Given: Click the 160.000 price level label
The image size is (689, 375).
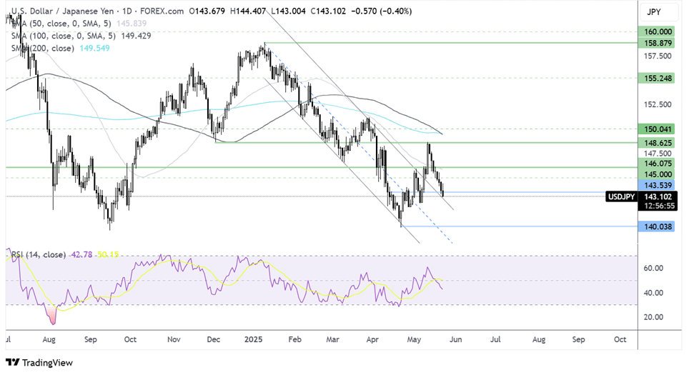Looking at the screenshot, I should coord(658,32).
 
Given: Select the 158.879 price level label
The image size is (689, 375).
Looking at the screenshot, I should coord(658,43).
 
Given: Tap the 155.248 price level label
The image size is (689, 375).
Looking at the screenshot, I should coord(658,78).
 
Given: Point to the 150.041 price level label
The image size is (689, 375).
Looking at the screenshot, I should coord(658,129).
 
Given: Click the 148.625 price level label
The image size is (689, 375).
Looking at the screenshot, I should coord(658,143).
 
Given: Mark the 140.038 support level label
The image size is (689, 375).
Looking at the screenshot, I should coord(658,226).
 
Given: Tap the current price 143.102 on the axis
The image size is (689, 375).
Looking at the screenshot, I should coord(658,196).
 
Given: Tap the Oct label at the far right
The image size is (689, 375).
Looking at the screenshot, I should coord(620,339).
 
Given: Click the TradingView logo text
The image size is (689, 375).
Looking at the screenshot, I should coord(47,363).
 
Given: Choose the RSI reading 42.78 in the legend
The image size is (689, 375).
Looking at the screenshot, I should coord(81,254).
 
